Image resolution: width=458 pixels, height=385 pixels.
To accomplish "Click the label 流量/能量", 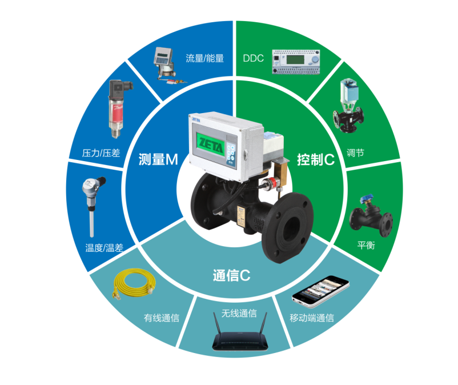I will click(x=204, y=58).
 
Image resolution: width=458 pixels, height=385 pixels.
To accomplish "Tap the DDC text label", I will click(x=253, y=58).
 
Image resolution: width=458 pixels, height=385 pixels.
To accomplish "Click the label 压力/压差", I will click(x=102, y=153).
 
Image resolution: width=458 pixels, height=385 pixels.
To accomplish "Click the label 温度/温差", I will click(x=104, y=248).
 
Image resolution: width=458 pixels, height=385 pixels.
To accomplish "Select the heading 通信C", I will click(x=231, y=275).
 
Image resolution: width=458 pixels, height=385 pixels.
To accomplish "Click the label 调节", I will click(x=355, y=153).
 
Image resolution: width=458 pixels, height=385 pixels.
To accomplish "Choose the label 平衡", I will click(x=366, y=245).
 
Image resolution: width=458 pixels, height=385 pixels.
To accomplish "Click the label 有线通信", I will click(x=162, y=318).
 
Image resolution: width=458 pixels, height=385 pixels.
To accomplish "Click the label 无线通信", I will click(x=239, y=313).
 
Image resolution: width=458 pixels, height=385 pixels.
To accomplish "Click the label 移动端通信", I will click(x=312, y=318).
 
